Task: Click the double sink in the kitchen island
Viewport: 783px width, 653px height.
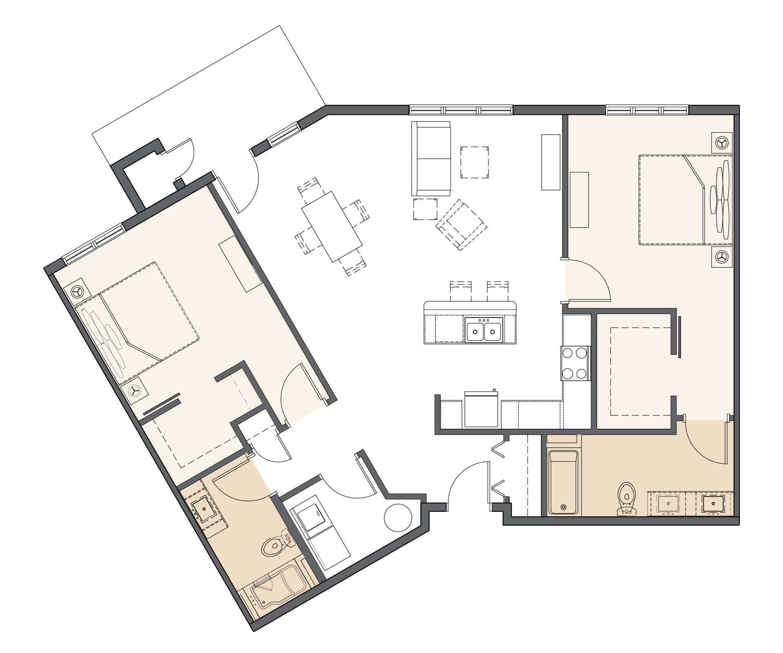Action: coord(484,329)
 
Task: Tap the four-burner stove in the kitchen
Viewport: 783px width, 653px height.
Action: coord(575,363)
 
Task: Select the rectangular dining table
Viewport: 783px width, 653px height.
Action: coord(332,227)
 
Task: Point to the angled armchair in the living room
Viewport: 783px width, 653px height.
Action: coord(461,224)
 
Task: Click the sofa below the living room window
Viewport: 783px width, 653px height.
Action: coord(431,159)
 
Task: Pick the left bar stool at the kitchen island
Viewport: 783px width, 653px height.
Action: coord(460,291)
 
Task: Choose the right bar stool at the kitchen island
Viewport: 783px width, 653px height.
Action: coord(498,291)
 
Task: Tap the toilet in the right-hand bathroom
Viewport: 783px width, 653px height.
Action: coord(627,499)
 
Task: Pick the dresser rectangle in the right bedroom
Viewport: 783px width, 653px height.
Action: coord(579,200)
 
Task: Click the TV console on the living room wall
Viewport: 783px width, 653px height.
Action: coord(550,162)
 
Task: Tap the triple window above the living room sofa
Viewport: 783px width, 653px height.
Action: coord(461,110)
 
